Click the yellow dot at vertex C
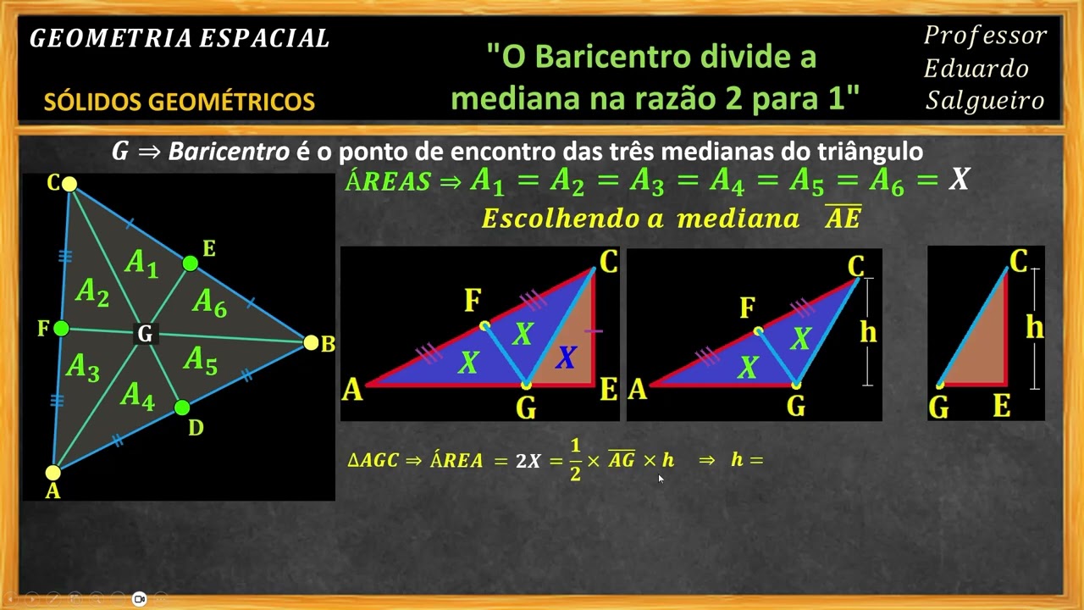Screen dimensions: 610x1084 pos(69,184)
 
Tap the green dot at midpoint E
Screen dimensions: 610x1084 pos(191,263)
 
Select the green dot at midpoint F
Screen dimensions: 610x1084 pos(61,328)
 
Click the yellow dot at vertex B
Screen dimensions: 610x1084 pos(311,342)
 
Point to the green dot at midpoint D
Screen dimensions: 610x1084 pos(181,408)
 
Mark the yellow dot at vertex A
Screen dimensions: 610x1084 pos(53,473)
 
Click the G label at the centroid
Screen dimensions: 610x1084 pos(145,335)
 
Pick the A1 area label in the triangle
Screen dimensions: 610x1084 pos(141,263)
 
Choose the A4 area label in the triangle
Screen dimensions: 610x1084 pos(137,395)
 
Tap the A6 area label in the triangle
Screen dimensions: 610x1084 pos(209,302)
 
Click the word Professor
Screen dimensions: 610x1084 pos(985,36)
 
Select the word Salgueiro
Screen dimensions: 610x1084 pos(985,101)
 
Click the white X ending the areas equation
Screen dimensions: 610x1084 pos(959,179)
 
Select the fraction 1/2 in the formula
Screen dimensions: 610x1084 pos(575,460)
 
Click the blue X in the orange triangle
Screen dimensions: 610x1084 pos(566,358)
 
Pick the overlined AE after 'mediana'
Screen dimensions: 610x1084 pos(843,219)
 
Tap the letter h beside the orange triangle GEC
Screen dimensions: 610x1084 pos(1034,327)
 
